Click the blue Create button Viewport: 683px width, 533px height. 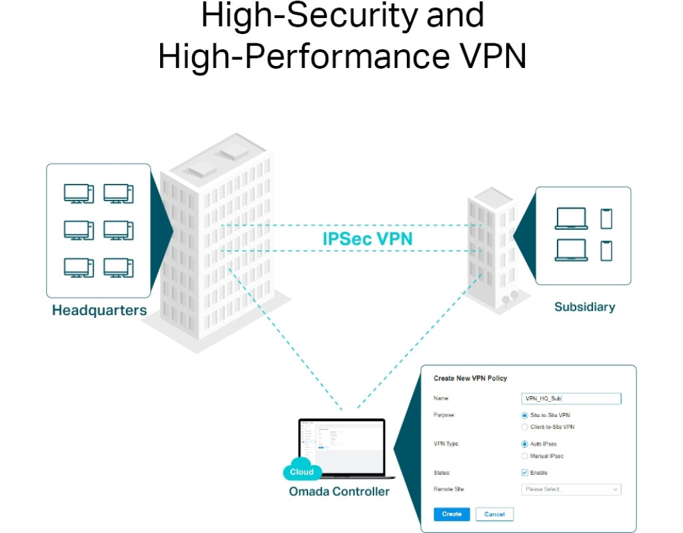[x=452, y=514]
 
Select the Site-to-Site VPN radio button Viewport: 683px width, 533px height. [x=525, y=415]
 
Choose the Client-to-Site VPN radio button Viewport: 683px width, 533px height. [x=525, y=427]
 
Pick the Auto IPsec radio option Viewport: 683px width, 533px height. [x=525, y=444]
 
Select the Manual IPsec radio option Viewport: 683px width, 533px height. [x=525, y=456]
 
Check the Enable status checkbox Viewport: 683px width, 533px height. [x=525, y=472]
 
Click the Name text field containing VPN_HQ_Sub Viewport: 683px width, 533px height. [x=570, y=398]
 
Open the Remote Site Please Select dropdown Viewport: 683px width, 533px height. [x=570, y=490]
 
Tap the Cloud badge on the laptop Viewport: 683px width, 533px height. [x=301, y=472]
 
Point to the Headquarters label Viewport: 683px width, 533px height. [x=99, y=310]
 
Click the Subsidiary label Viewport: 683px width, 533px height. [x=584, y=307]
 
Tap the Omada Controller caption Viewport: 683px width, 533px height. [x=339, y=492]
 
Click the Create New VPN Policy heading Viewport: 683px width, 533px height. [x=470, y=378]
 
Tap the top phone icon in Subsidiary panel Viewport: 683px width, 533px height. [x=606, y=219]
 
